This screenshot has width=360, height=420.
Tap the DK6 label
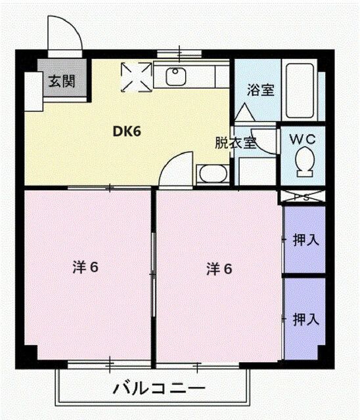point(127,131)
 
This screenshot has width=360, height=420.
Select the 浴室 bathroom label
point(260,91)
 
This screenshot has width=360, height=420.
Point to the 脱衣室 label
point(235,144)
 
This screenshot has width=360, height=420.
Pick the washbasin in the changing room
point(212,175)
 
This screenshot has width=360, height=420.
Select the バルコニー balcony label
point(154,387)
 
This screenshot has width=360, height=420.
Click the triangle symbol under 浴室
point(244,113)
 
